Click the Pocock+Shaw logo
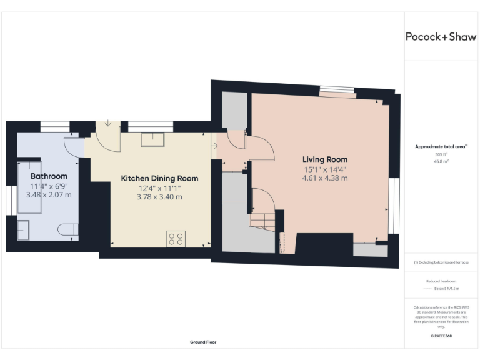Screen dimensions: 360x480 (441, 36)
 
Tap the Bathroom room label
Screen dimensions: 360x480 (49, 176)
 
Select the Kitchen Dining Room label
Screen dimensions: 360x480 (159, 178)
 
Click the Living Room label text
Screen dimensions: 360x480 (325, 159)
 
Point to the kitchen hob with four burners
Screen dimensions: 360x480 (176, 238)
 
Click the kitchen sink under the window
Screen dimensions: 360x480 (152, 139)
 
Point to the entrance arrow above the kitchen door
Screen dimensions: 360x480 (108, 123)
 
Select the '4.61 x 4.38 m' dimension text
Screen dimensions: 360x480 (324, 178)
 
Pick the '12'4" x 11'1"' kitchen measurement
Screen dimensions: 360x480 (159, 188)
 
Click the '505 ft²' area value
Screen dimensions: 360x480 (441, 154)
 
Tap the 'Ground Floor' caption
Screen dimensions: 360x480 (203, 342)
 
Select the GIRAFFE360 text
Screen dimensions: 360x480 (441, 336)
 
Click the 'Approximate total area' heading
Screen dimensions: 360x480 (441, 146)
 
